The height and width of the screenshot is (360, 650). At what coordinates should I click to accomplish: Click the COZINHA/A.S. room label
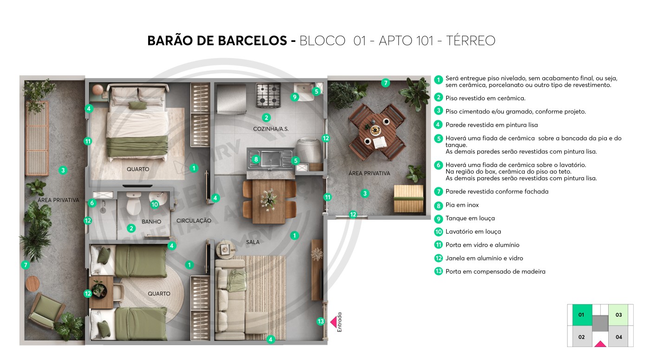pos(271,129)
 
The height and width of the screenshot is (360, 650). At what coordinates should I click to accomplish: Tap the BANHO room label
pos(151,222)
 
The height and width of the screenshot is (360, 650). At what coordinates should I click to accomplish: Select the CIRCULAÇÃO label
pos(194,221)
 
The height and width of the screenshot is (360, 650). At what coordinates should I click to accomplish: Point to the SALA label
pos(253,242)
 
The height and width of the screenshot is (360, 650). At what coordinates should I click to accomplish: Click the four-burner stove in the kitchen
pos(268,95)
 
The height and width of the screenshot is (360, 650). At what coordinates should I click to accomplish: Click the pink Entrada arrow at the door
pos(333,321)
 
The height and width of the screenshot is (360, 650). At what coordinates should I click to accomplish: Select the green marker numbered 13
pos(321,321)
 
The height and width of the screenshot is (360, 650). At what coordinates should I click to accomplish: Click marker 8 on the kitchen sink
pos(256,159)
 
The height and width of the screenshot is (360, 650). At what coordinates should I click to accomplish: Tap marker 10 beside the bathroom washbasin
pos(155,204)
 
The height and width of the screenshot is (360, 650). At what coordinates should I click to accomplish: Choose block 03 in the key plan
pos(618,315)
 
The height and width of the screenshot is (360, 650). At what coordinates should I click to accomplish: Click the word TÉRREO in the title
pos(470,41)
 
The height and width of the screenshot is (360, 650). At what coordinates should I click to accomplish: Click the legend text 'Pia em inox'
pos(462,205)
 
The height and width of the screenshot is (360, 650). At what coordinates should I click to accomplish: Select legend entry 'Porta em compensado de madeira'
pos(495,271)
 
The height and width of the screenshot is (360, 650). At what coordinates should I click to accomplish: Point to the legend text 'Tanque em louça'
pos(470,218)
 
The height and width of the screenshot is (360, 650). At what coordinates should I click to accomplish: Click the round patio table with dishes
pos(377,131)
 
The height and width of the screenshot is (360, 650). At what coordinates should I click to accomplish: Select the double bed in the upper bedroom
pos(138,122)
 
